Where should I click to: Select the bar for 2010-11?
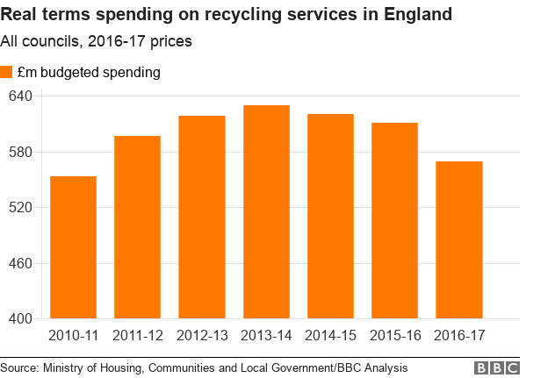click(73, 247)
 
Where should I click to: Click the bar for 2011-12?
click(137, 227)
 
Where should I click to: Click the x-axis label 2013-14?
click(266, 336)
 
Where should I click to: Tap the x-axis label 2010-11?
click(73, 336)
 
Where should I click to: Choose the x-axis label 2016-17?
click(459, 336)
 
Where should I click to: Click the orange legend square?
click(6, 73)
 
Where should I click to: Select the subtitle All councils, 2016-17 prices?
click(96, 41)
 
